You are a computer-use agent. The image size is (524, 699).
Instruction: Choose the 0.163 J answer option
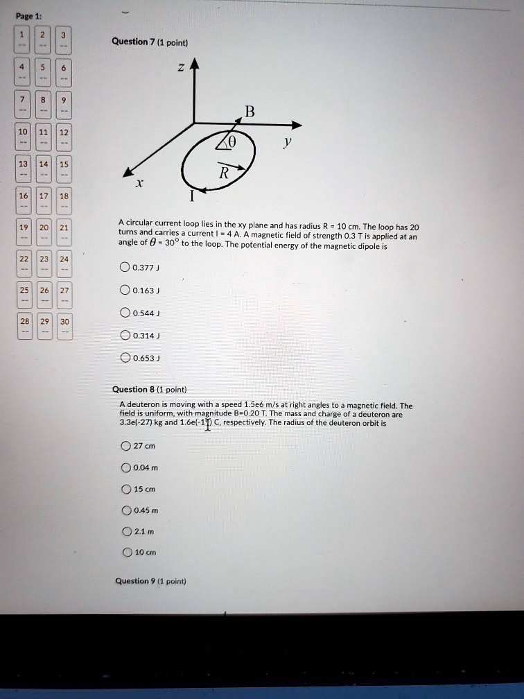coord(125,291)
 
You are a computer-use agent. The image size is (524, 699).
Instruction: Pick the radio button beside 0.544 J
coord(125,313)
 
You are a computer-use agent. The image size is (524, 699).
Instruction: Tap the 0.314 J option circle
coord(125,336)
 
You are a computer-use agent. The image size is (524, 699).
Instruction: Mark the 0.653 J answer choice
coord(125,359)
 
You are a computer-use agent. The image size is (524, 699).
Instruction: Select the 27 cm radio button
coord(125,445)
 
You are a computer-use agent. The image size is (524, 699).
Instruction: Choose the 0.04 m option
coord(125,467)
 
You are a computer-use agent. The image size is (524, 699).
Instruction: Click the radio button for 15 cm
coord(125,489)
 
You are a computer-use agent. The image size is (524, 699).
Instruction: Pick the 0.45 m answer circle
coord(125,510)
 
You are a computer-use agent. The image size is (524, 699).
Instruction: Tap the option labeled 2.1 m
coord(125,533)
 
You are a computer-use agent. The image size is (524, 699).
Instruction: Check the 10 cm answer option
coord(125,553)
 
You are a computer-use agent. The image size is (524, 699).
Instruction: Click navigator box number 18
coord(64,200)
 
